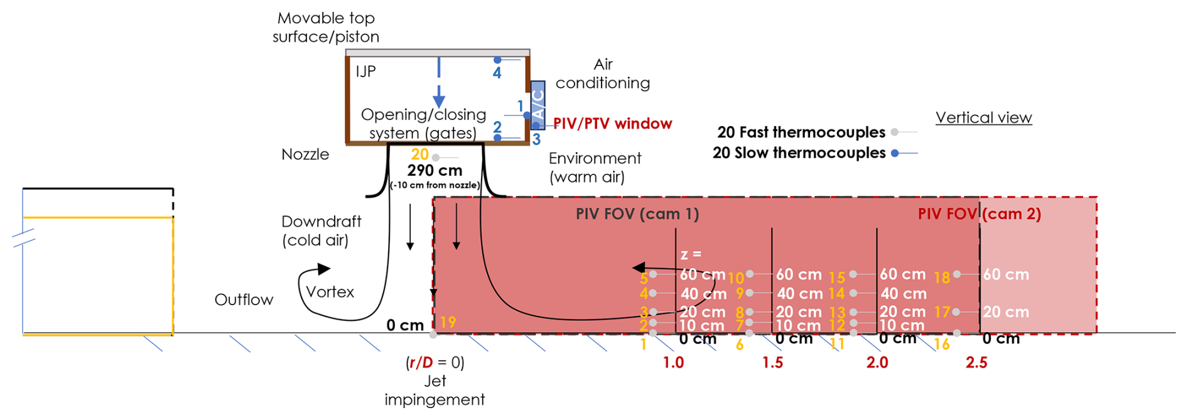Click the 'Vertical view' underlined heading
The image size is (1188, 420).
[x=983, y=118]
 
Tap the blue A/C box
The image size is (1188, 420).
[x=537, y=104]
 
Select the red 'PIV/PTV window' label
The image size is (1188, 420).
[x=612, y=124]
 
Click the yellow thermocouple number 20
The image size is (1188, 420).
[x=419, y=154]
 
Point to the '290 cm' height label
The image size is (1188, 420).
[x=435, y=171]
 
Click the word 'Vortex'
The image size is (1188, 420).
[x=330, y=292]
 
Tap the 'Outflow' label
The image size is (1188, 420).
[x=244, y=299]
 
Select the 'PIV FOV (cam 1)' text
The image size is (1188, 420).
[x=637, y=214]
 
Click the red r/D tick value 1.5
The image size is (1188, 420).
[x=772, y=363]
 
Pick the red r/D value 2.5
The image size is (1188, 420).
[x=976, y=363]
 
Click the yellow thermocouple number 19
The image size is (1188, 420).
[x=448, y=322]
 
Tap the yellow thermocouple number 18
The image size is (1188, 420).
[x=942, y=277]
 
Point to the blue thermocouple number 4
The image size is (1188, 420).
[x=497, y=73]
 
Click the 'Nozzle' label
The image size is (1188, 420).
[x=305, y=154]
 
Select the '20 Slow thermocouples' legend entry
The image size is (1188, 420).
[x=799, y=153]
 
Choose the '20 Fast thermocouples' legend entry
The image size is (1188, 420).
[x=801, y=132]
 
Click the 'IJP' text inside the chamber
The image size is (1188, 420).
[x=365, y=72]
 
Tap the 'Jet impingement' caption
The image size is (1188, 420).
[x=435, y=390]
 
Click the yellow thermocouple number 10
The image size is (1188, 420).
[x=736, y=277]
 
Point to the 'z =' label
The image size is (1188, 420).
[x=691, y=254]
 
